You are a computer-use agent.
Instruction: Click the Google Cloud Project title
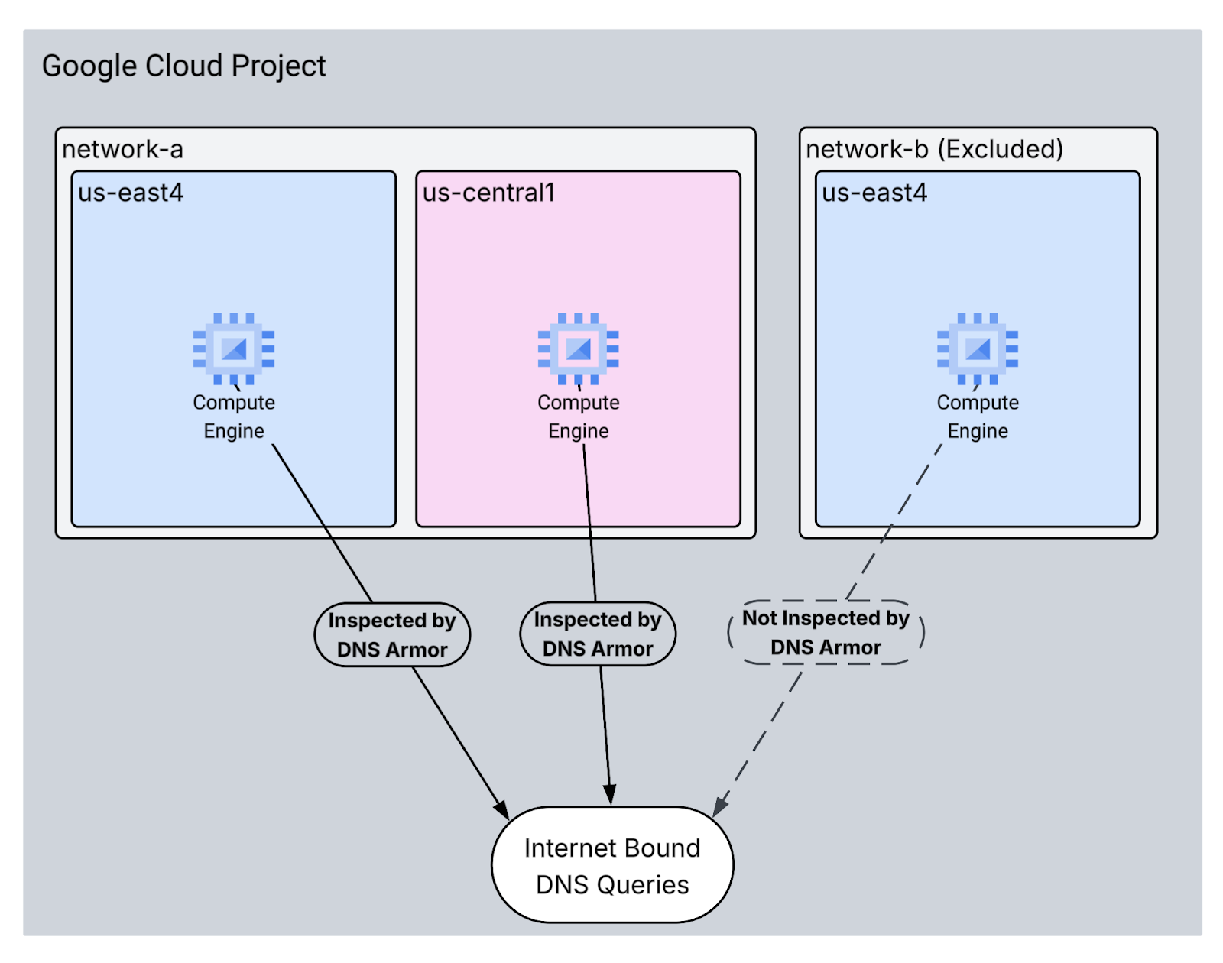[183, 66]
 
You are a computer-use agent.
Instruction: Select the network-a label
[122, 149]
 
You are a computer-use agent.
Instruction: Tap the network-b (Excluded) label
[934, 149]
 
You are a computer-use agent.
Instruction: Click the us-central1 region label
[488, 193]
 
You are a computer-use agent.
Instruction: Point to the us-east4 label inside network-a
[130, 193]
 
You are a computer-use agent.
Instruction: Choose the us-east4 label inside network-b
[874, 193]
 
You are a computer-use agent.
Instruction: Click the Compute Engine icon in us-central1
[578, 349]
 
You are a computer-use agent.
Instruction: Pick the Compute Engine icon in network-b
[978, 349]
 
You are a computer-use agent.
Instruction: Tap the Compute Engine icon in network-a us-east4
[233, 349]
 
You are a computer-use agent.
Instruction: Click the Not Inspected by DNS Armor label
[826, 633]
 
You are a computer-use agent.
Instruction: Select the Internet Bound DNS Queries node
[612, 865]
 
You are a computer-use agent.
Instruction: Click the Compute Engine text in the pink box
[578, 417]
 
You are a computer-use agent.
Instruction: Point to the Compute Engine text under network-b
[978, 417]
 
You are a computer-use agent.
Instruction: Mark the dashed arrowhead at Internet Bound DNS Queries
[719, 808]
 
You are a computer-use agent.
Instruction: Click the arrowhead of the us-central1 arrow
[610, 795]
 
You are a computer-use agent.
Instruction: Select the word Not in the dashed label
[759, 618]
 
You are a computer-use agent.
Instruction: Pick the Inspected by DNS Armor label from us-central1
[598, 634]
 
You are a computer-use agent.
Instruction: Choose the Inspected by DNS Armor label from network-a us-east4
[392, 635]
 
